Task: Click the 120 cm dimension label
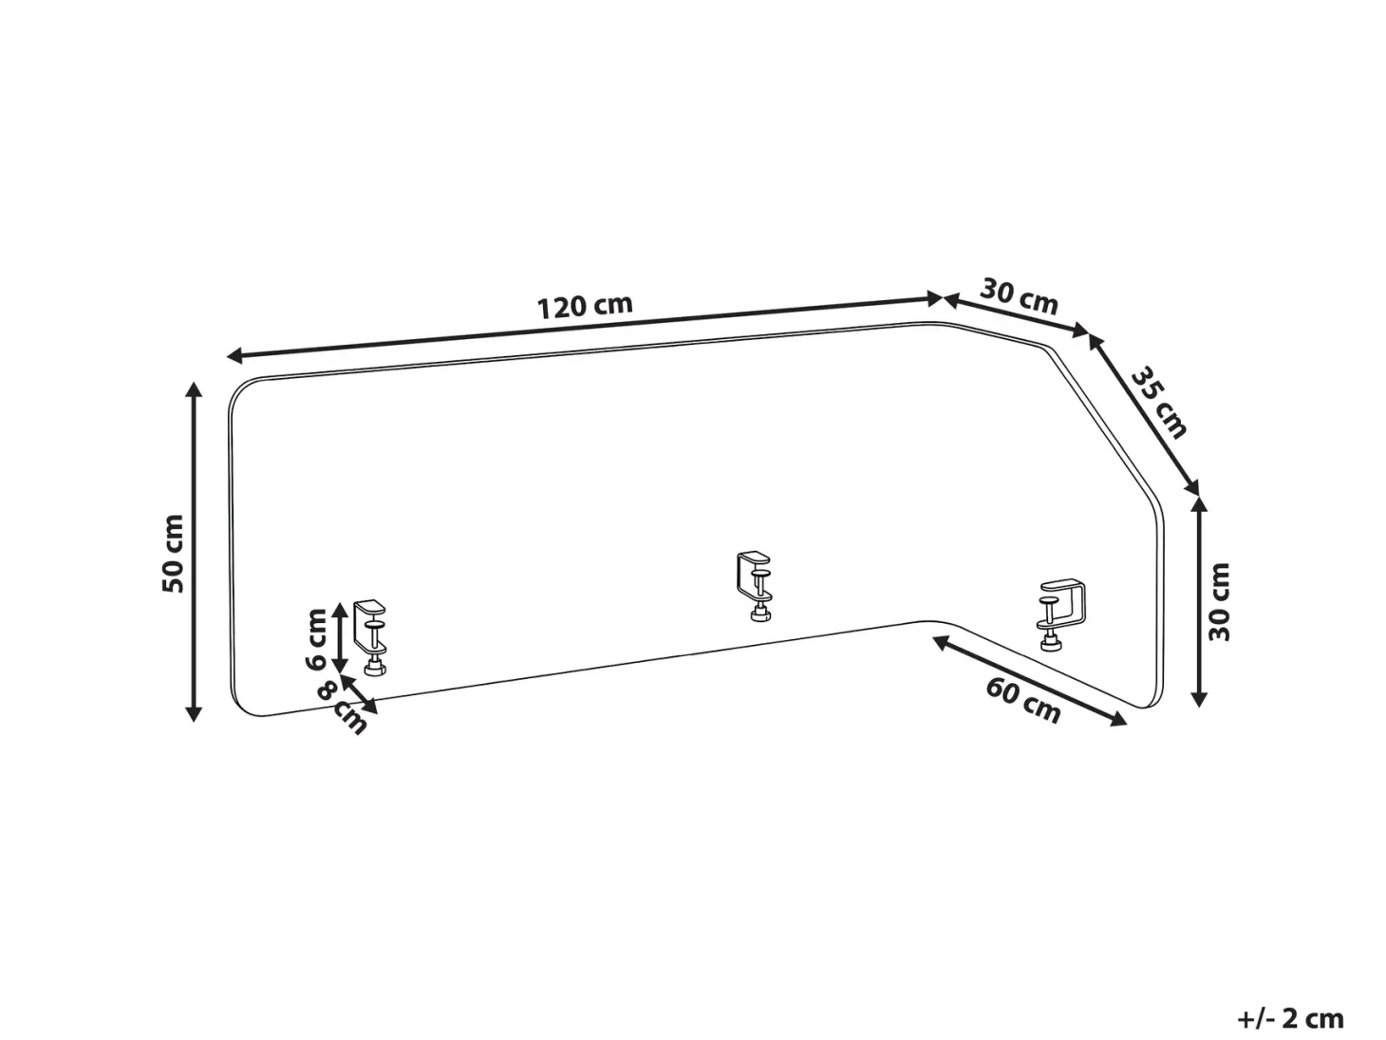[x=584, y=306]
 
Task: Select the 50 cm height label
[x=173, y=554]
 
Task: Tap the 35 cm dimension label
[x=1158, y=403]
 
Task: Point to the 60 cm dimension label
[x=1023, y=699]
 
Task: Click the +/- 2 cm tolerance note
[x=1291, y=1018]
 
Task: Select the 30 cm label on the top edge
[x=1019, y=296]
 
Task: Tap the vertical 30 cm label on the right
[x=1219, y=602]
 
